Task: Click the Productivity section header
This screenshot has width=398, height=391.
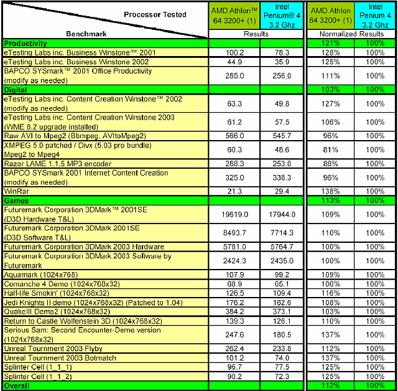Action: click(25, 44)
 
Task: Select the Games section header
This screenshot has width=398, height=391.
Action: click(17, 202)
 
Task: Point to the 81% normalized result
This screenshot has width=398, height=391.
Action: click(331, 149)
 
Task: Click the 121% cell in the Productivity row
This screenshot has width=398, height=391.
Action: click(331, 44)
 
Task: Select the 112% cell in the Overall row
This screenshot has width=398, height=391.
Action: click(331, 386)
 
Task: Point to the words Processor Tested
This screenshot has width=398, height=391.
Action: click(155, 14)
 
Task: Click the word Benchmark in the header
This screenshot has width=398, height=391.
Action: click(86, 34)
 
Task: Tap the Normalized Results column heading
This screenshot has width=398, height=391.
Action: click(351, 34)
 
